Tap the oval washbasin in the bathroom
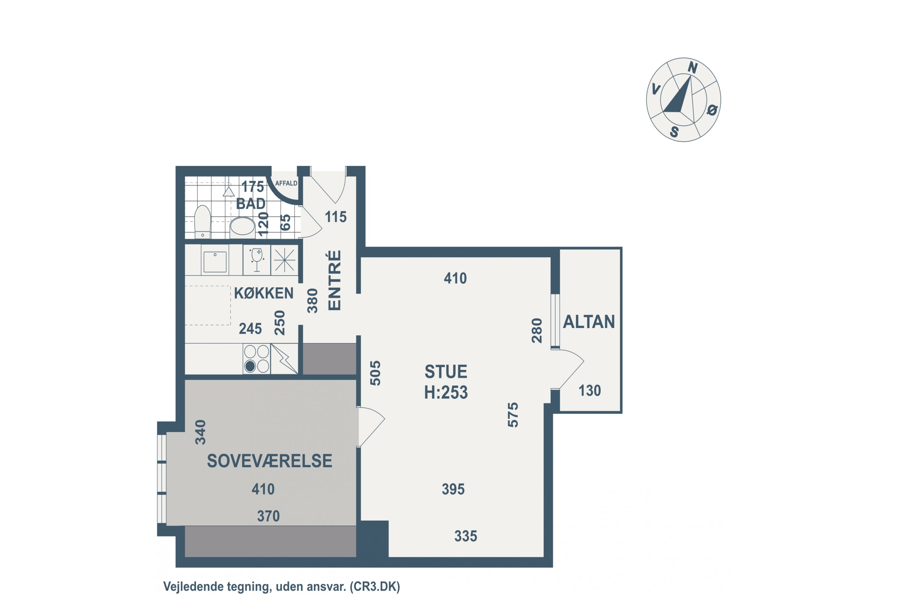coord(242,226)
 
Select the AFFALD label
coord(286,183)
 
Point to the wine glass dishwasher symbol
coord(256,260)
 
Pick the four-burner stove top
coord(256,359)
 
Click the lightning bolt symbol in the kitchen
coord(284,359)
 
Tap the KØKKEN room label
coord(264,293)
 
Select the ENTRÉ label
coord(334,280)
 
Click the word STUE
coord(446,371)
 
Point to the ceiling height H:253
coord(446,392)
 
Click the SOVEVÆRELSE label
coord(270,461)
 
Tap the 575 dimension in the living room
coord(513,415)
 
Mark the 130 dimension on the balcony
coord(589,390)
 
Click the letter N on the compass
coord(693,68)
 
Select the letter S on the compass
coord(674,132)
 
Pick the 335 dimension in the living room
coord(466,536)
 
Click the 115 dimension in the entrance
coord(336,217)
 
